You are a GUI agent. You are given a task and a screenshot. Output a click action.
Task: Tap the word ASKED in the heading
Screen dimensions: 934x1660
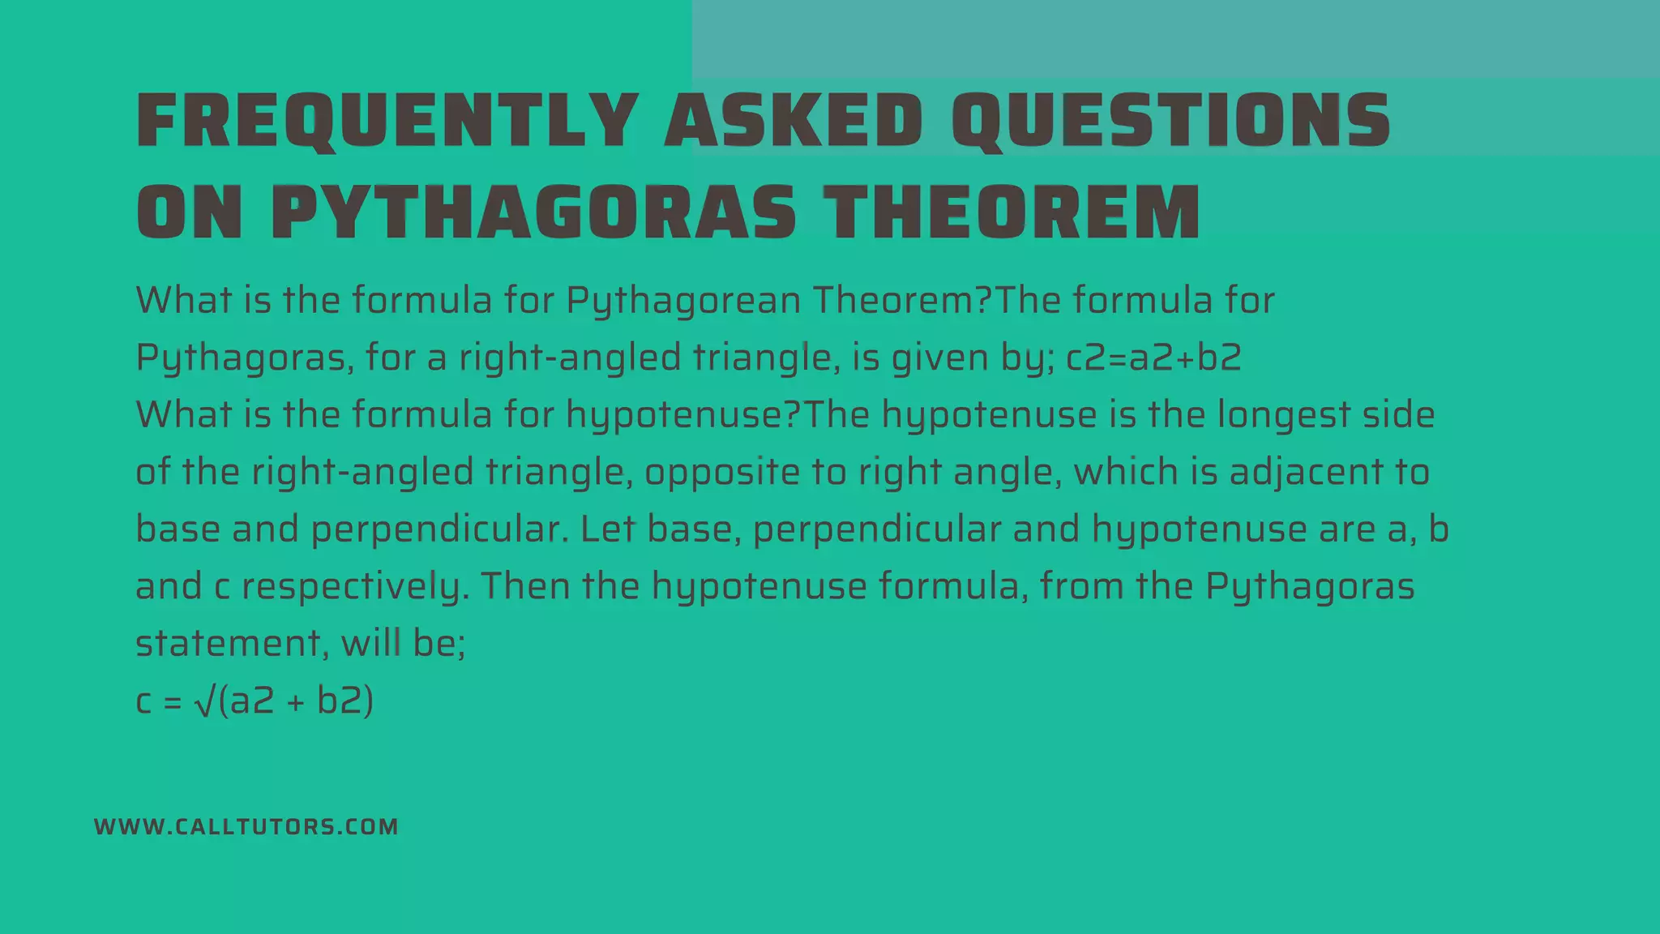click(794, 121)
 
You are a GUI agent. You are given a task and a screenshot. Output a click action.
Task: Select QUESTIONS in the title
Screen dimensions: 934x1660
click(1171, 121)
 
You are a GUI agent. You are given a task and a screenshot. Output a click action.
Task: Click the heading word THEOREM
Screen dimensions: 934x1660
click(1012, 212)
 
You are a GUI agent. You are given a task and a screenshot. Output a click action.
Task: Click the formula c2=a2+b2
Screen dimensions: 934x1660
click(1153, 358)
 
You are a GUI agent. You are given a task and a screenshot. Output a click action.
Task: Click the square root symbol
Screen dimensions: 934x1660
click(205, 702)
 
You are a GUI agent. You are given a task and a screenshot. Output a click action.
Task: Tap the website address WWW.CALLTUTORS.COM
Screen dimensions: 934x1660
click(246, 827)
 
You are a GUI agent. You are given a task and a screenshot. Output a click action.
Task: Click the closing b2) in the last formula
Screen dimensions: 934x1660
click(345, 701)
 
